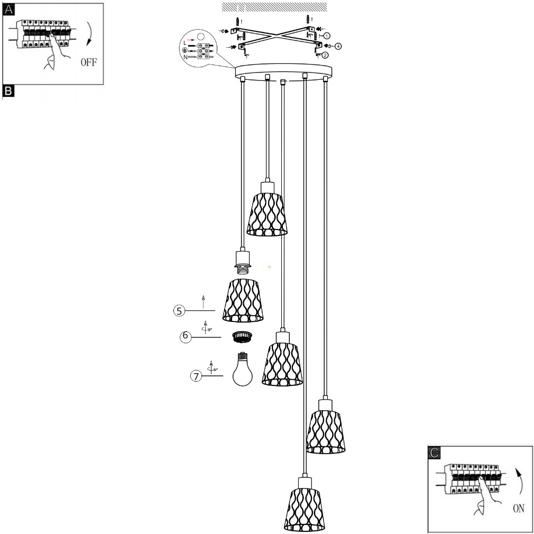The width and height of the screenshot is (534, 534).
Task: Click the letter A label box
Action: coord(8,10)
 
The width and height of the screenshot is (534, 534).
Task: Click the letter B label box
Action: coord(8,91)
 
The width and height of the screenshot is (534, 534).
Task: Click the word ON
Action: coord(518,508)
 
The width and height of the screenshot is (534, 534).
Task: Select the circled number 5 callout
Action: coord(180,310)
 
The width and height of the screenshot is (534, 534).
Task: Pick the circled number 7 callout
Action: coord(196,376)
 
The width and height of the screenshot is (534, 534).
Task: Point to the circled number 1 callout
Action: coord(327,35)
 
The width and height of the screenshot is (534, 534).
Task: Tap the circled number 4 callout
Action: coord(338,45)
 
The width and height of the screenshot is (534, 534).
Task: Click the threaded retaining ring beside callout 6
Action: coord(242,337)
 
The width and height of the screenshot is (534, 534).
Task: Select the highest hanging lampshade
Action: coord(267,214)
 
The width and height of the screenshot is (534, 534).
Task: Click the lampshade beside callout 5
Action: coord(243,300)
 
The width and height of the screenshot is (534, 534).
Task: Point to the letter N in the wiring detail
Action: coord(185,56)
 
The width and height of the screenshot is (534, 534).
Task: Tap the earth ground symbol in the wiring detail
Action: coord(185,50)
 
